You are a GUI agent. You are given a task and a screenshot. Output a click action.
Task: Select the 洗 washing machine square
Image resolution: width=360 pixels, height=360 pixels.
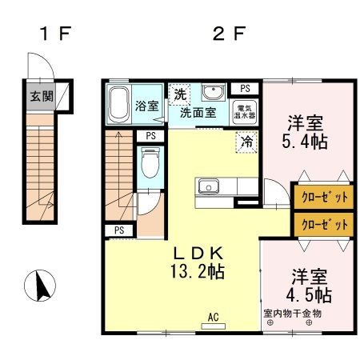tap(180, 94)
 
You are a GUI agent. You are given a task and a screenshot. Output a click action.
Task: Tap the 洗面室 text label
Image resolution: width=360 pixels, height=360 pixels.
tap(197, 113)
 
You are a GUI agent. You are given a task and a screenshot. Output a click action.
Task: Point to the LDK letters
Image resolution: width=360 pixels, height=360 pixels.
tap(198, 251)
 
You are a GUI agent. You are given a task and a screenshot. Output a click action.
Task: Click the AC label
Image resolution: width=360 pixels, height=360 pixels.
tap(214, 317)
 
